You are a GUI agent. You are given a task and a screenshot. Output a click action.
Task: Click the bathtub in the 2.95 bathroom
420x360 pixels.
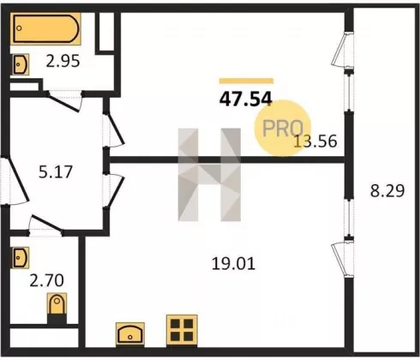click(x=45, y=28)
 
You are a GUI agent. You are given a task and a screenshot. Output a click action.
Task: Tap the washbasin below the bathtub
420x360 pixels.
click(x=21, y=64)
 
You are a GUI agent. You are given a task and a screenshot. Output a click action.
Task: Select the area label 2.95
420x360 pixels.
click(x=63, y=61)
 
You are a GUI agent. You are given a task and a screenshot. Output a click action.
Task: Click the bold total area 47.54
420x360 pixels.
click(x=245, y=99)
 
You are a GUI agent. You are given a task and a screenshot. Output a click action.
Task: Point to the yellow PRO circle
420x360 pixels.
click(x=282, y=128)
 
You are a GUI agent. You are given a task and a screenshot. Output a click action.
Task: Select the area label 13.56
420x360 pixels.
click(x=315, y=141)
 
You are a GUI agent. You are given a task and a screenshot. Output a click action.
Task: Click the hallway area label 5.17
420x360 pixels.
click(x=56, y=172)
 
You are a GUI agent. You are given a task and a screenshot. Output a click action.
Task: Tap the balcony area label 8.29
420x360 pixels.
click(x=387, y=191)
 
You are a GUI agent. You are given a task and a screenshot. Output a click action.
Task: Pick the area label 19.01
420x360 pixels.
click(x=233, y=263)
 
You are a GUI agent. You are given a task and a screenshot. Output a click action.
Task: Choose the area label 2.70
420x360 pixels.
click(x=47, y=280)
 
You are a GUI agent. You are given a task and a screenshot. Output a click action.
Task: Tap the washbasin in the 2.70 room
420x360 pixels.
click(x=21, y=258)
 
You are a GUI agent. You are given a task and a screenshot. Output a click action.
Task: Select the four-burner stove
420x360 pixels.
click(x=182, y=330)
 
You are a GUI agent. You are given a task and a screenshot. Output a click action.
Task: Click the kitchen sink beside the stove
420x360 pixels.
click(x=130, y=334)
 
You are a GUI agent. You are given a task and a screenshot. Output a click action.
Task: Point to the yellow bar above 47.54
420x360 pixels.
click(x=246, y=81)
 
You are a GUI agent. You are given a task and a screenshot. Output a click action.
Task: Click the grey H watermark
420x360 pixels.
click(x=209, y=175)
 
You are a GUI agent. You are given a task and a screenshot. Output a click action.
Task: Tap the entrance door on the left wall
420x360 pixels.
click(x=15, y=181)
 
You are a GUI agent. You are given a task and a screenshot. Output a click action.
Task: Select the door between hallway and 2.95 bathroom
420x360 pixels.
click(x=65, y=100)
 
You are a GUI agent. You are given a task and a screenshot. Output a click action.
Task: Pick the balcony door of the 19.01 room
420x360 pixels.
click(x=343, y=258)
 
